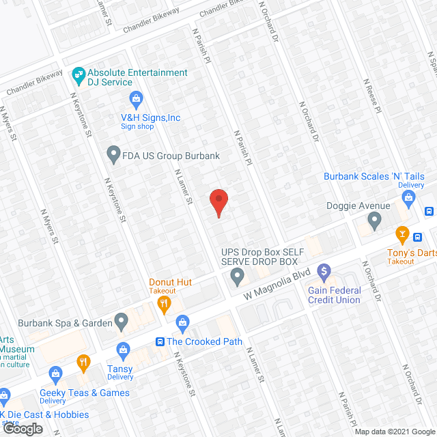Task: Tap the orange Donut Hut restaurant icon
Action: coord(164,303)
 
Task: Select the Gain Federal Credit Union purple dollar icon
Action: coord(324,271)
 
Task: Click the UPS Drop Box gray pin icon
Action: coord(237,277)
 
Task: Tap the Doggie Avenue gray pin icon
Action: coord(373,221)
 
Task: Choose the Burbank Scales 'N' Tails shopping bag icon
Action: coord(409,199)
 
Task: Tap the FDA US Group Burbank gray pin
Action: coord(114,155)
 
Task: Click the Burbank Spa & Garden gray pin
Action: coord(121,320)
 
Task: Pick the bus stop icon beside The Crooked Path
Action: coord(159,341)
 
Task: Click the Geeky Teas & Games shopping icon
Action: coord(55,373)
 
